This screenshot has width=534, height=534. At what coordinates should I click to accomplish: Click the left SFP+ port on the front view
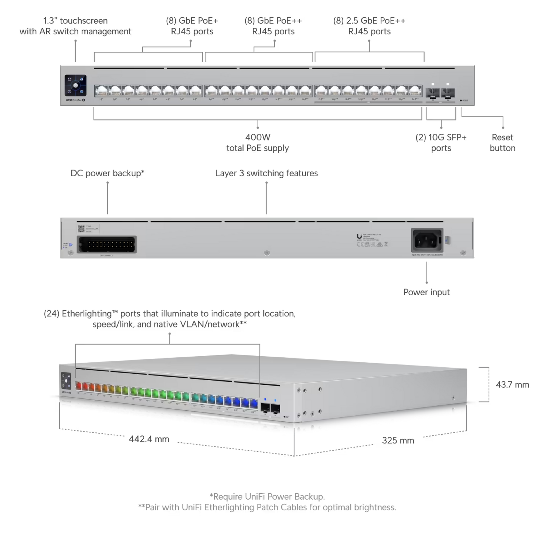tap(432, 92)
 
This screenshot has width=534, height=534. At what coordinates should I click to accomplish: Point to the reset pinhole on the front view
tap(460, 100)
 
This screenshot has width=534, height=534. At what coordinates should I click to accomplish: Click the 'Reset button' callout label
tap(502, 143)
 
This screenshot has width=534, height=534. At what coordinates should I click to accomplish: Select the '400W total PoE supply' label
tap(258, 143)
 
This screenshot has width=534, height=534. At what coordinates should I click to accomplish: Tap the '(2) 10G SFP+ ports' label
tap(441, 143)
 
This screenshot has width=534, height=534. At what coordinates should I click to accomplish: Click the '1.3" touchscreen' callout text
tap(75, 26)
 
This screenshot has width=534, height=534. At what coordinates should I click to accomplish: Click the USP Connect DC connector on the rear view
tap(106, 244)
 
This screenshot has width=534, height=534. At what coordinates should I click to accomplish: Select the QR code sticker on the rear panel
tap(81, 228)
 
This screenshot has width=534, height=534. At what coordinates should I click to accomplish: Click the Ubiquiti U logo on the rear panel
tap(359, 236)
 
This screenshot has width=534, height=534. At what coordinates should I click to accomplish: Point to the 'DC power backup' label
tap(107, 173)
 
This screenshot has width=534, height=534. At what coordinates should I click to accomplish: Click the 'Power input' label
tap(426, 292)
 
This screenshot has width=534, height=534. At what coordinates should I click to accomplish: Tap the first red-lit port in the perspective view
tap(79, 387)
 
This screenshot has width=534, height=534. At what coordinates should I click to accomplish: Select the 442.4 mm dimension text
tap(149, 439)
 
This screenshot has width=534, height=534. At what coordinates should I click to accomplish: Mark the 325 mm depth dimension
tap(398, 440)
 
